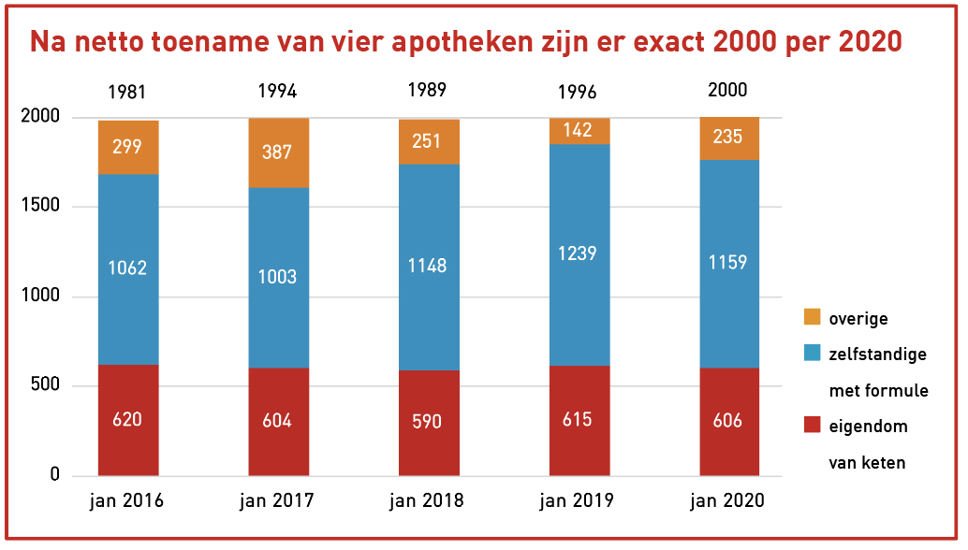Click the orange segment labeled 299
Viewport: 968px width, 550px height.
(128, 147)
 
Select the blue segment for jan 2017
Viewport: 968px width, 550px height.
(278, 277)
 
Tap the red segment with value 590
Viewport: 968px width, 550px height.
(428, 422)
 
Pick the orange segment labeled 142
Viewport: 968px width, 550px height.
(578, 130)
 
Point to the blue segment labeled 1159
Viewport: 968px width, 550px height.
(727, 263)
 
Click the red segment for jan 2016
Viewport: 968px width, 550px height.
(128, 419)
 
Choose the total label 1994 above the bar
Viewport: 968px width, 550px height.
(278, 92)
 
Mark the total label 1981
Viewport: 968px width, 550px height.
(127, 92)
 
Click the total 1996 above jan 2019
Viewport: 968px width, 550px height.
(578, 92)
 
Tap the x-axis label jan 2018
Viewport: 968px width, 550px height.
(427, 500)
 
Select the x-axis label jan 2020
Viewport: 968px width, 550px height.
(727, 500)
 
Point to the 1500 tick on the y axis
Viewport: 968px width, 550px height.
(42, 207)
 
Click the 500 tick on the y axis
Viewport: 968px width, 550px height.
(47, 386)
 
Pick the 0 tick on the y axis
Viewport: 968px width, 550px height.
(55, 475)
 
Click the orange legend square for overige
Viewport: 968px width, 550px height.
(812, 318)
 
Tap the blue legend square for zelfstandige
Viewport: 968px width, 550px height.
(812, 354)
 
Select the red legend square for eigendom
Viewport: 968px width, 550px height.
(812, 426)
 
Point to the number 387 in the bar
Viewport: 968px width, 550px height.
(278, 152)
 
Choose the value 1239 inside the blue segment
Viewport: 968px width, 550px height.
(578, 253)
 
